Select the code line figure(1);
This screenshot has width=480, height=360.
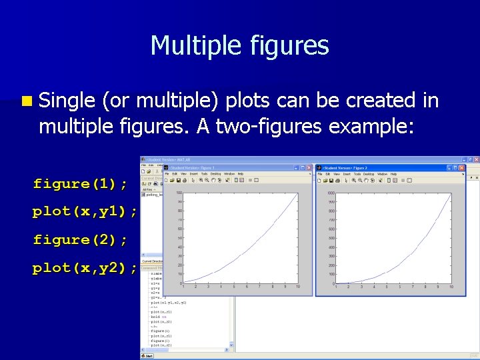[x=80, y=183]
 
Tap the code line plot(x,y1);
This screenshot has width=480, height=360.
[x=85, y=211]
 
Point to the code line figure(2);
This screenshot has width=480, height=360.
[x=80, y=239]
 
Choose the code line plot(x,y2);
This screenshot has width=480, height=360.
[x=85, y=268]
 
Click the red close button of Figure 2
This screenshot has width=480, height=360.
[x=461, y=167]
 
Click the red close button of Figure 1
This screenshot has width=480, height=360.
[x=309, y=167]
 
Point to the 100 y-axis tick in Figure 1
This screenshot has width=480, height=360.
[x=179, y=193]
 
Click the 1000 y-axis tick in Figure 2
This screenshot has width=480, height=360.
[x=331, y=193]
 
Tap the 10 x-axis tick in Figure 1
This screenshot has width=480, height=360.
[x=297, y=287]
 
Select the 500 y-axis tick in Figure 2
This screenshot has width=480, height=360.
[x=332, y=238]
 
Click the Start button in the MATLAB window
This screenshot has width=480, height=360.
[x=148, y=355]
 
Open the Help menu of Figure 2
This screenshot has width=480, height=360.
[x=394, y=174]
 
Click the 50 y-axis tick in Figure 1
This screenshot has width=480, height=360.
[x=180, y=238]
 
